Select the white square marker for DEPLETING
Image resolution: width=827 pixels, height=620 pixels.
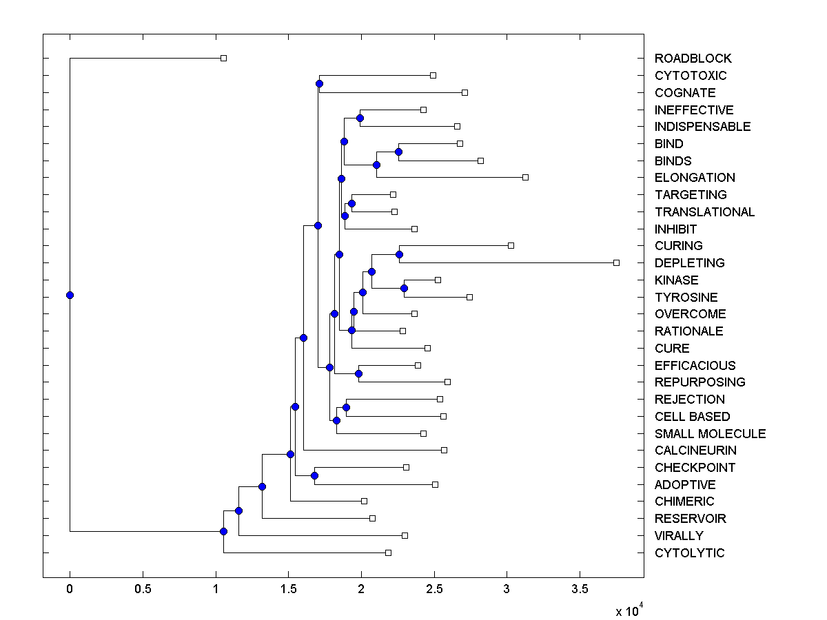(x=616, y=262)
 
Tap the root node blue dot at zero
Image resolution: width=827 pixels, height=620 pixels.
(x=70, y=295)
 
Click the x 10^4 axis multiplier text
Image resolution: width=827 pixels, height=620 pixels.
(x=628, y=610)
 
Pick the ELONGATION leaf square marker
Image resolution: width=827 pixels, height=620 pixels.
(x=525, y=177)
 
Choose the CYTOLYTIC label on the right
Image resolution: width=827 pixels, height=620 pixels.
(x=689, y=553)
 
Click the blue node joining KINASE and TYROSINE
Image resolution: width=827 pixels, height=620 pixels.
(x=404, y=288)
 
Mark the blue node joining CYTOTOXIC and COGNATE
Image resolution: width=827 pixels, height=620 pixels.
(x=319, y=83)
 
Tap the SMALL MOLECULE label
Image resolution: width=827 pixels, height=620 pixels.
(x=710, y=434)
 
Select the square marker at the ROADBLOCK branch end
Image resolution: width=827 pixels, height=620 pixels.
(x=223, y=58)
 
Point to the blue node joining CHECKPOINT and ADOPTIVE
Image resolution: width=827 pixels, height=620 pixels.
(x=314, y=475)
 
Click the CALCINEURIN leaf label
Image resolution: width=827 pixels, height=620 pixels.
(x=695, y=451)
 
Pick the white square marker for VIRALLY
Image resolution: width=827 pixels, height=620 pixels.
(x=405, y=535)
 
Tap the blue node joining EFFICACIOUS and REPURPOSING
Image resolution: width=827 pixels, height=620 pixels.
(x=358, y=373)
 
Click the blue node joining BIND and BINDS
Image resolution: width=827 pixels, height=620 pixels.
(x=398, y=152)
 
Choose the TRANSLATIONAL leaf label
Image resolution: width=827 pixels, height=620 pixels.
(x=704, y=212)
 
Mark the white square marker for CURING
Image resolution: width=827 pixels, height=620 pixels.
(x=511, y=245)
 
